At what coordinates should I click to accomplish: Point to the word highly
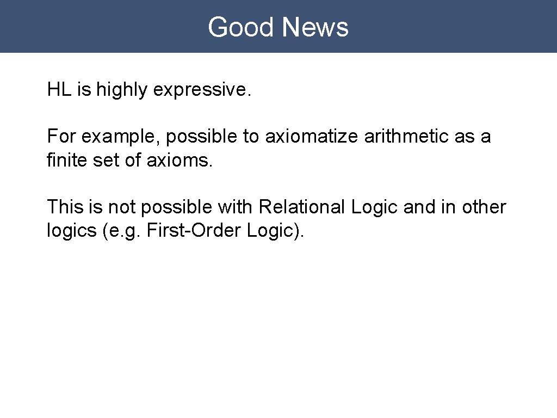[x=122, y=90]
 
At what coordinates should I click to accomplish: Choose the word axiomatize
[x=312, y=137]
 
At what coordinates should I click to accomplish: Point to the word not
[x=122, y=207]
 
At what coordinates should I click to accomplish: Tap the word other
[x=484, y=207]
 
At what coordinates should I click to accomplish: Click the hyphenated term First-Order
[x=191, y=230]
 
